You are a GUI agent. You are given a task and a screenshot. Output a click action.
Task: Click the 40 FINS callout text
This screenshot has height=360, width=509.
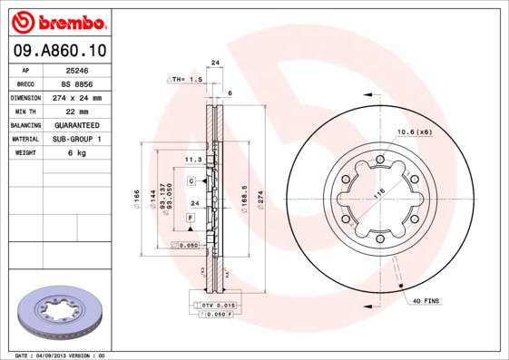(x=427, y=299)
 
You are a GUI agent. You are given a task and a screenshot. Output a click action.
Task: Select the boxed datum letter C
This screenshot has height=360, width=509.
(x=191, y=181)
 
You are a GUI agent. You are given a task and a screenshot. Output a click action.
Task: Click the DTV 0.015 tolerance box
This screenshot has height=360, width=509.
(x=219, y=305)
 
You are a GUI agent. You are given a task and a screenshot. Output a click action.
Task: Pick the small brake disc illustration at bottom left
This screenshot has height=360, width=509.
(x=59, y=313)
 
